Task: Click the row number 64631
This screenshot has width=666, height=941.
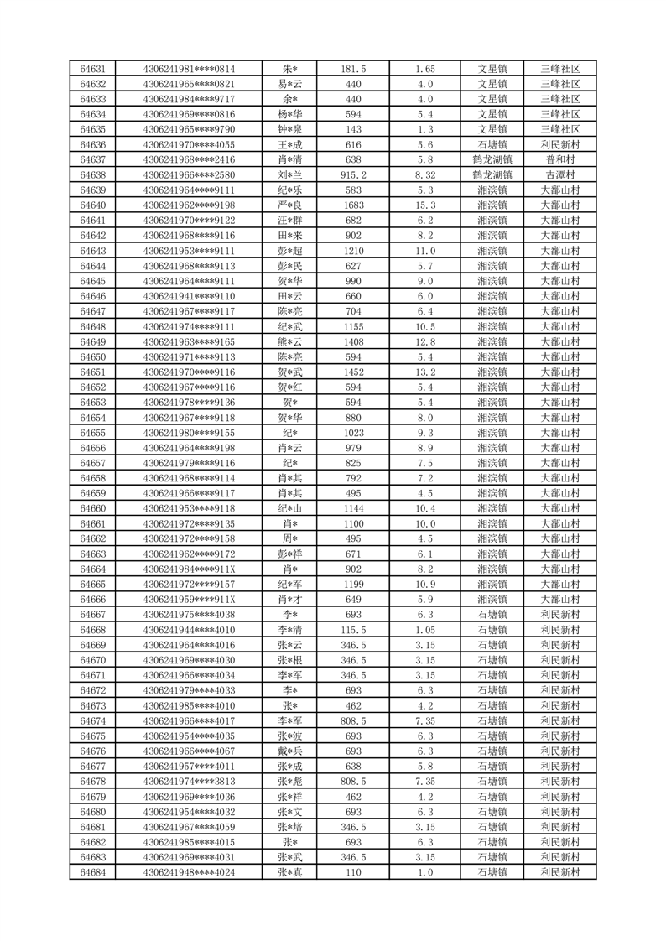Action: click(92, 69)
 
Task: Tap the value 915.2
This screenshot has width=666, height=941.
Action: click(353, 175)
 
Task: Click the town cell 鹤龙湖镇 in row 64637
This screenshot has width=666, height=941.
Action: click(492, 159)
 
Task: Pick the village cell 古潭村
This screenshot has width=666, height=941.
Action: click(560, 175)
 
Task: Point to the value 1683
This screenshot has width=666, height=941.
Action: click(353, 205)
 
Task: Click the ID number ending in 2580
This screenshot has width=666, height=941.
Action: click(189, 175)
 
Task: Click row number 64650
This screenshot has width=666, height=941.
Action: click(92, 356)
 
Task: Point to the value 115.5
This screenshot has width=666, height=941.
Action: click(353, 630)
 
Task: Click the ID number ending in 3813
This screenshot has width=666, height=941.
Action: click(189, 781)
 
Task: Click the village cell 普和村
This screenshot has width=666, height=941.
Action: click(560, 159)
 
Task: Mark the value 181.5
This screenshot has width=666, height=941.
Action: click(353, 69)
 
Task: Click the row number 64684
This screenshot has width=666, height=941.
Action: click(92, 871)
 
